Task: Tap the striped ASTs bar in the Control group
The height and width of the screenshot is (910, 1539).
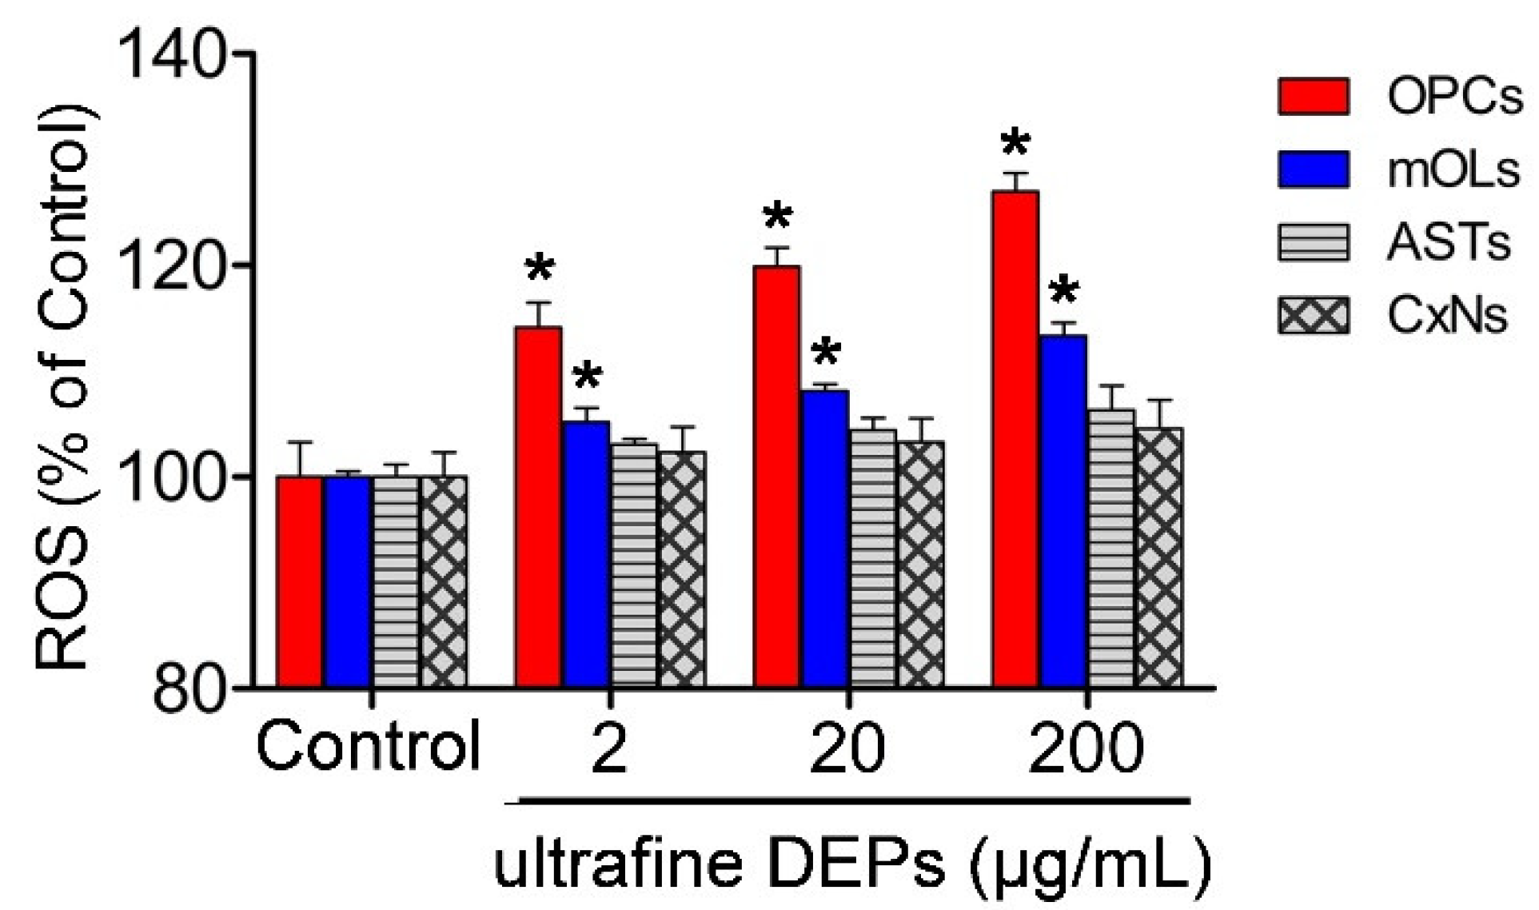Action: [395, 581]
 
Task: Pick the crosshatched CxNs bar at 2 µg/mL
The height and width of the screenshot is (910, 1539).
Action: [682, 569]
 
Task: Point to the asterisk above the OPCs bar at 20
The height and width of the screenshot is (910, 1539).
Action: [777, 217]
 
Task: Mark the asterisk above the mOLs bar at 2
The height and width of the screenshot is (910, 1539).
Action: [587, 376]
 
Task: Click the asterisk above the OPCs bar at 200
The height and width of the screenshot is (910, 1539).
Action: [1015, 144]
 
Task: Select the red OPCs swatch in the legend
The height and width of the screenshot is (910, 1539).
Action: [1313, 96]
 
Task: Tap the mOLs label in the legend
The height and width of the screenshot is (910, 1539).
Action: [1453, 170]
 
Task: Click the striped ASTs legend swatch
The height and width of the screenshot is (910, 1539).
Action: [1313, 242]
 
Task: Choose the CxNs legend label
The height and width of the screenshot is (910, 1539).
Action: [1447, 316]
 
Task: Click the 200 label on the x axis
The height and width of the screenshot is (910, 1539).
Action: [1085, 748]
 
